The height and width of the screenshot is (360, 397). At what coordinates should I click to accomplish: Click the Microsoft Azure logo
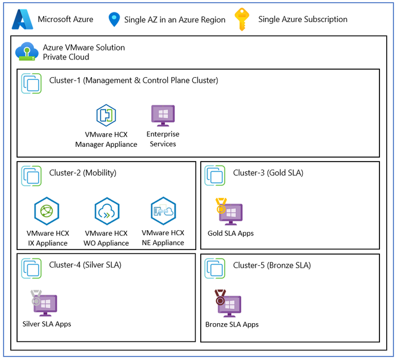click(20, 19)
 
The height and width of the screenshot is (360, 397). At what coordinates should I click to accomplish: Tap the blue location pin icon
click(114, 20)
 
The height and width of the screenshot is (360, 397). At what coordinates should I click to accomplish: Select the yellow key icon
click(243, 19)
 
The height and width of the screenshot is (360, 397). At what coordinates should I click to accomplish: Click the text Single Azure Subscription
click(302, 19)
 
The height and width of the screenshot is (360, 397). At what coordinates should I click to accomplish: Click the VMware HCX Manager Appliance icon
click(106, 115)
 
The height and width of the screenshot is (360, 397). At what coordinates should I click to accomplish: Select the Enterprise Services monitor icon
click(163, 115)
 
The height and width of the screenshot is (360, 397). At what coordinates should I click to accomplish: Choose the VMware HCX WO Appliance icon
click(106, 211)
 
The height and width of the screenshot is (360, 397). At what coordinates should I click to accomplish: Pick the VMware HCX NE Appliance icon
click(163, 211)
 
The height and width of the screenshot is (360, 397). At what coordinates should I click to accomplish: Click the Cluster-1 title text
click(133, 81)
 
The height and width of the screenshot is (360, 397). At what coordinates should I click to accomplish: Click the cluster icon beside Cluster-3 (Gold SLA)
click(215, 175)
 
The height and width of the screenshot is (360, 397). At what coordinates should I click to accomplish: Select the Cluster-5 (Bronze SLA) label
click(272, 265)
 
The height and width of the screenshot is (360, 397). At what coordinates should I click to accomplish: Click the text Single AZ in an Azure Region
click(175, 20)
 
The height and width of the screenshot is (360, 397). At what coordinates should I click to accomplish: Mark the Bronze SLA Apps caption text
click(232, 324)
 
